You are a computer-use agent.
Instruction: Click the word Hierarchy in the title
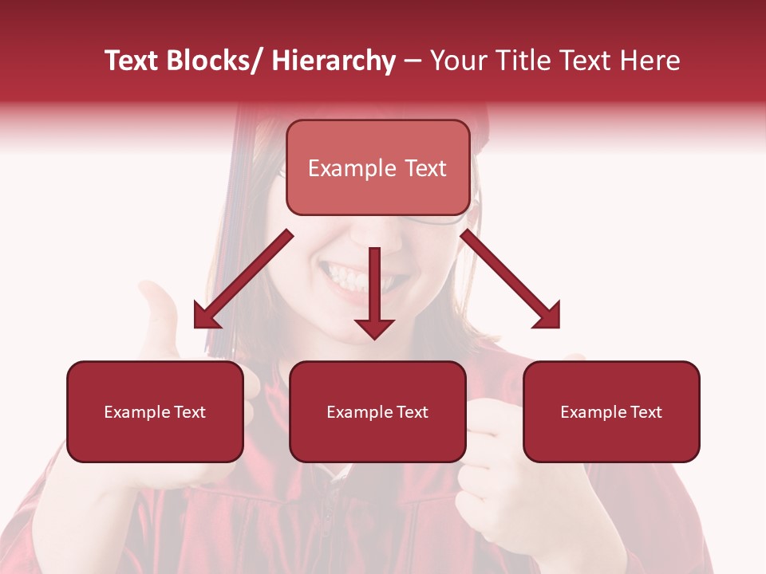[334, 61]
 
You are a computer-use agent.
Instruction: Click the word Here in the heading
[650, 61]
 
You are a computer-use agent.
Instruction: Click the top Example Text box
[377, 167]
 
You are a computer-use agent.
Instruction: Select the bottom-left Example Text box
[155, 411]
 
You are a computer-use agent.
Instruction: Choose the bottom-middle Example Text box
[377, 411]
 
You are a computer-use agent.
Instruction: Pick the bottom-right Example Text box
[611, 411]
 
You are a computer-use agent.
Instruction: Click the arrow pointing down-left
[239, 283]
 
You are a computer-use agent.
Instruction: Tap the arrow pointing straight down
[374, 295]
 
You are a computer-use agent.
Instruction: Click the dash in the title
[413, 61]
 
